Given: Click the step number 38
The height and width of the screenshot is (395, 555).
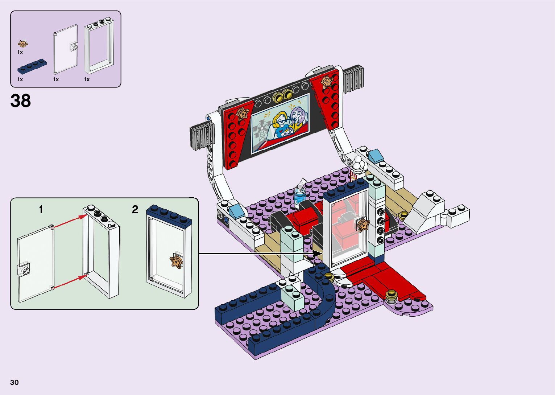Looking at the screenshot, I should click(21, 101).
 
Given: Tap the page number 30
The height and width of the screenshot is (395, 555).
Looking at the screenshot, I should click(15, 382).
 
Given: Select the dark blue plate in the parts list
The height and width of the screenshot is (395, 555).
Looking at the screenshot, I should click(32, 66).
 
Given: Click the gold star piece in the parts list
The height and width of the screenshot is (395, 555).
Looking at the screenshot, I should click(23, 44).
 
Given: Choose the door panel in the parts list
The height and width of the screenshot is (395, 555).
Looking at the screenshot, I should click(66, 49).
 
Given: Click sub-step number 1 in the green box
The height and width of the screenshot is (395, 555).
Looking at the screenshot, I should click(41, 210).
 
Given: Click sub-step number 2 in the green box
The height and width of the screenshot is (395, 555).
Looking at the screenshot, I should click(135, 210).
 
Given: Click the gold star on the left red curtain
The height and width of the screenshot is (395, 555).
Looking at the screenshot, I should click(243, 114).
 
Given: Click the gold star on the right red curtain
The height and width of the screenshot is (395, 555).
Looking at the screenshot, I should click(327, 82).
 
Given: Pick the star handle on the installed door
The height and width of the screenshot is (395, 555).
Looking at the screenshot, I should click(363, 225).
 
